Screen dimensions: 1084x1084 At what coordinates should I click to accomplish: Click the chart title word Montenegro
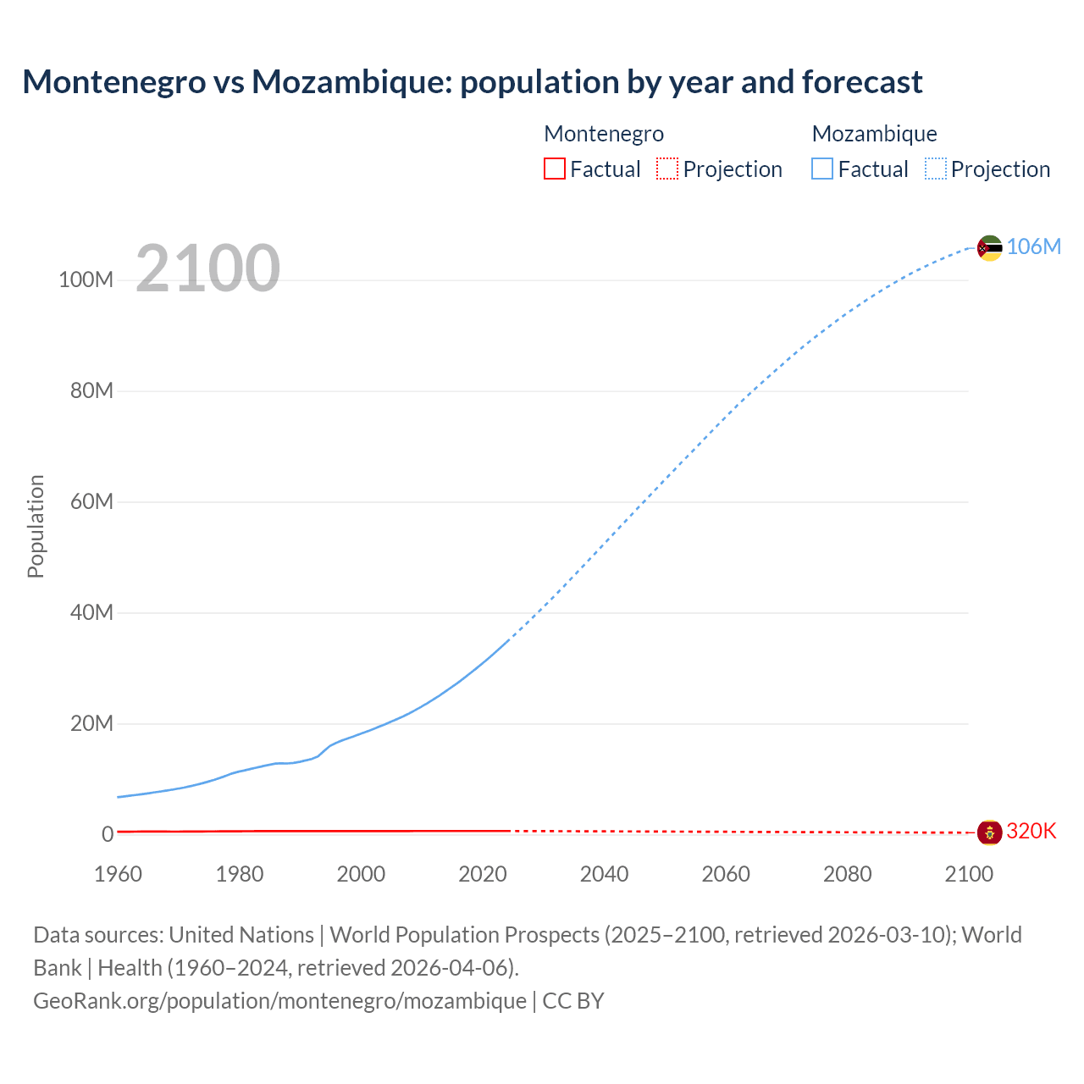[113, 82]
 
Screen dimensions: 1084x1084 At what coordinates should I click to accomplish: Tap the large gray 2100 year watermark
[207, 268]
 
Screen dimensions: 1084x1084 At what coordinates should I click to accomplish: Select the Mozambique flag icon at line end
[989, 247]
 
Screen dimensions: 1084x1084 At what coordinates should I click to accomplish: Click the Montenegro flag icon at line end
[989, 832]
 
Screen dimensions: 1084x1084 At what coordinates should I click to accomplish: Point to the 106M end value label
[1033, 246]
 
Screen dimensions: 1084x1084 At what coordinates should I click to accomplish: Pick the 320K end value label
[1031, 831]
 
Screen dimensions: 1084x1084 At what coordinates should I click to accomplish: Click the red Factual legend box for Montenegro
[555, 169]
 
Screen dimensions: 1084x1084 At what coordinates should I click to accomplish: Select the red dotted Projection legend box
[667, 169]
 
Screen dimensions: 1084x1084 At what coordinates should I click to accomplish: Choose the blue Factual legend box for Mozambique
[822, 169]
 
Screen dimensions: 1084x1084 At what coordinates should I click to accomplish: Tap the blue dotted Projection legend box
[935, 169]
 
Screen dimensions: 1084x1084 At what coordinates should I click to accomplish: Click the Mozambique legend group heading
[874, 134]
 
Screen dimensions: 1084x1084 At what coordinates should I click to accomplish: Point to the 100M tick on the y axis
[86, 280]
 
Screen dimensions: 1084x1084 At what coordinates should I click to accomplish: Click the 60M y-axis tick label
[91, 501]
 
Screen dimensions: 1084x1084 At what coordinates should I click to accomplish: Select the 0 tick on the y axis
[108, 834]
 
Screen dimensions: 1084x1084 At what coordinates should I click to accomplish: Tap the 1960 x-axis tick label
[118, 874]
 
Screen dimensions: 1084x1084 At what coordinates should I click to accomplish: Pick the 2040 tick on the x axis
[604, 874]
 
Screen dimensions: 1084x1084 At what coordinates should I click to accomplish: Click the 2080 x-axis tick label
[847, 874]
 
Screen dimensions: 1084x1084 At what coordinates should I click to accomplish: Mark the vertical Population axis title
[36, 526]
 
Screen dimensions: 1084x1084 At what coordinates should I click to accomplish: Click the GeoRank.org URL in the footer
[279, 1001]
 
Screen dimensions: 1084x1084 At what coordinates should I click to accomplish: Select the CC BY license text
[573, 1001]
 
